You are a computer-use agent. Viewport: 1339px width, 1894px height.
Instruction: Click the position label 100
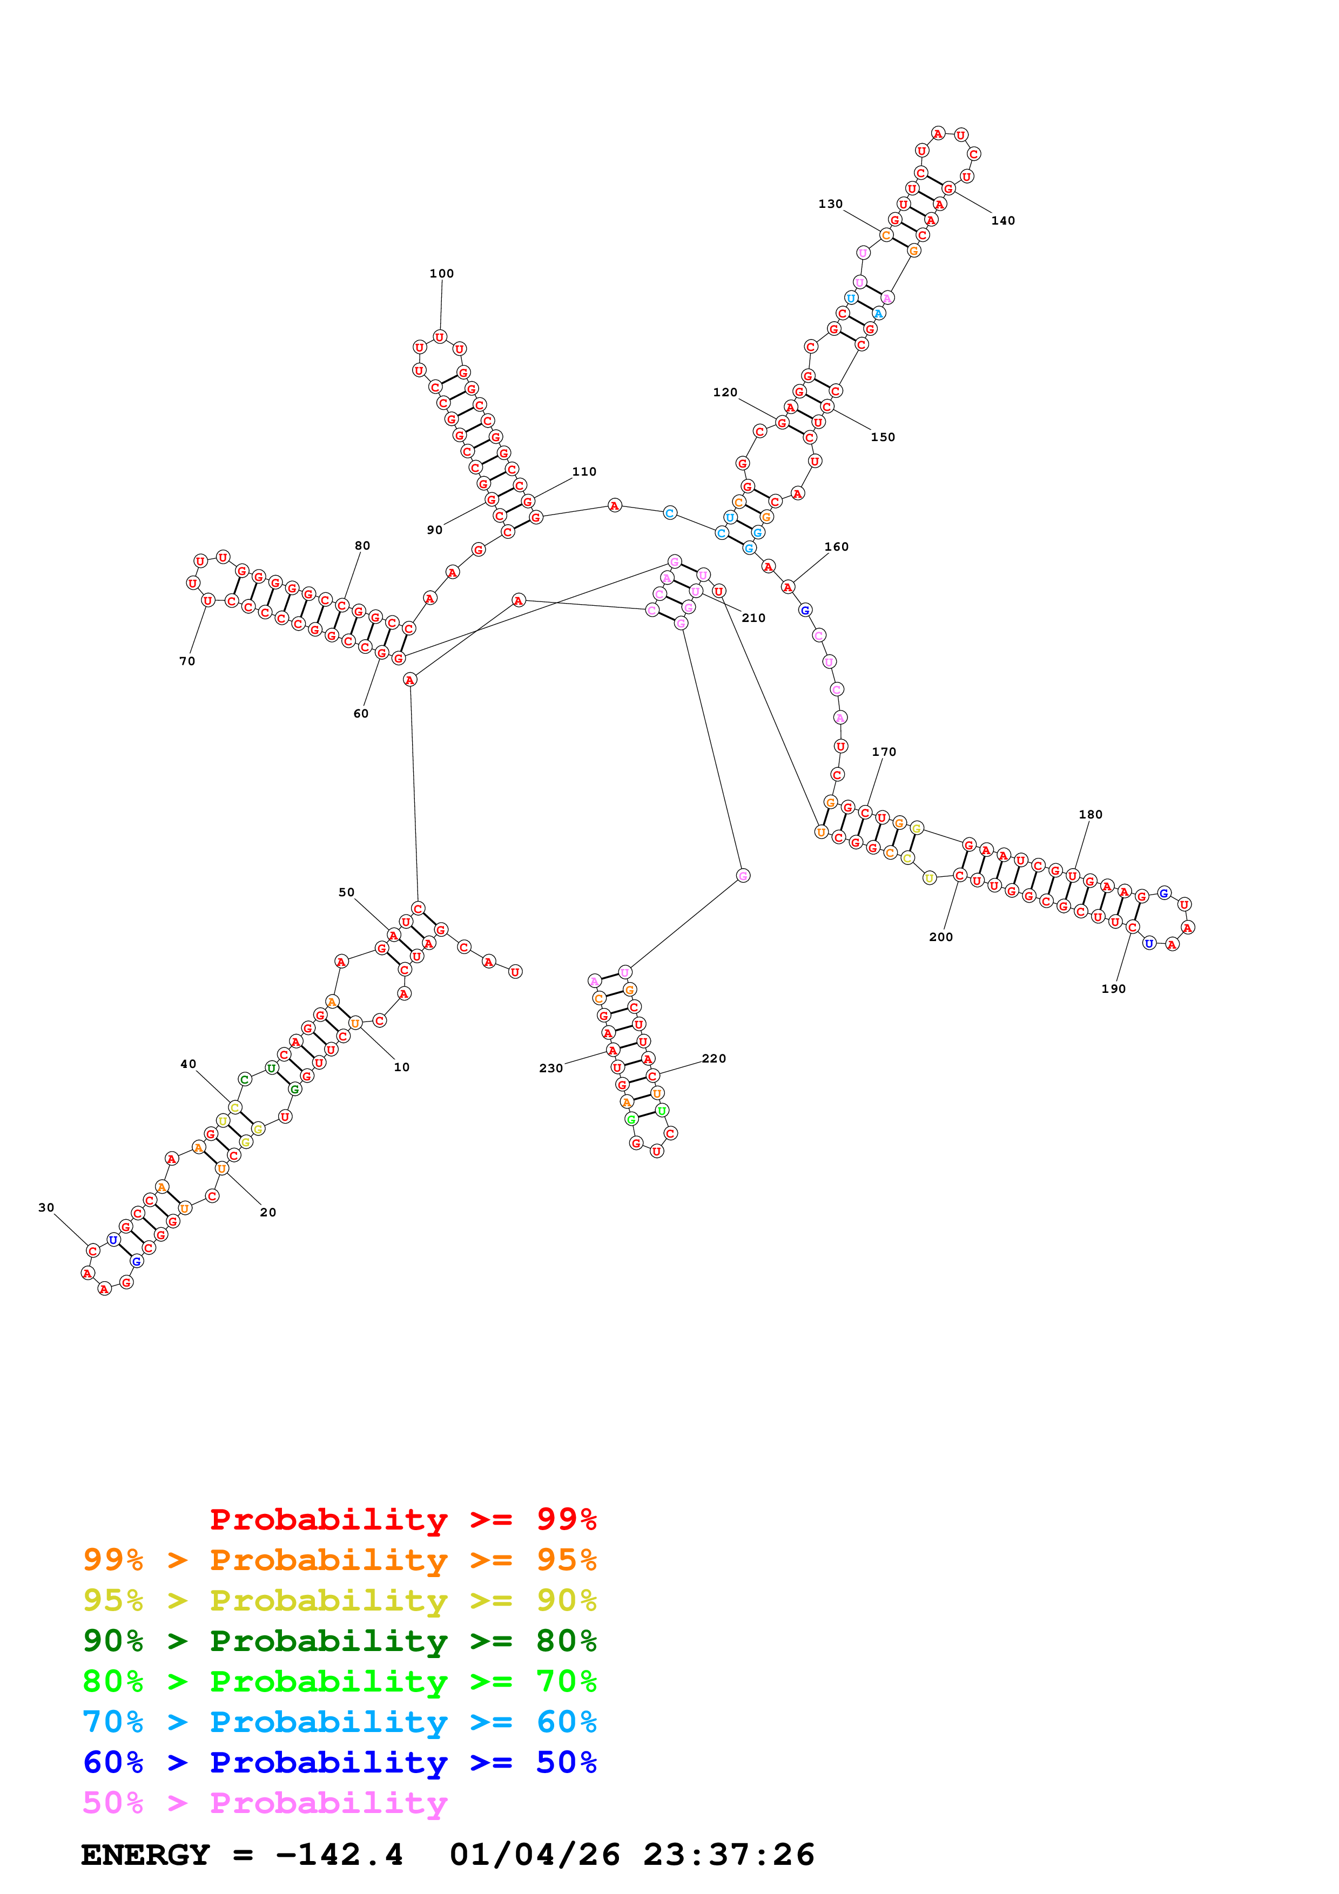[441, 274]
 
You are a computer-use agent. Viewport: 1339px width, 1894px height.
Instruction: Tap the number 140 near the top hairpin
[1002, 221]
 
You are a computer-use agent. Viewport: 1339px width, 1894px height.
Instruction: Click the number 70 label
[187, 661]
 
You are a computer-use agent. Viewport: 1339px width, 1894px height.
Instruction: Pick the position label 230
[550, 1068]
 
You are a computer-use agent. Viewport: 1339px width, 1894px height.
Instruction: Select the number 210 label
[753, 618]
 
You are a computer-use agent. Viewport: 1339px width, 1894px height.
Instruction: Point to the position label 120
[725, 393]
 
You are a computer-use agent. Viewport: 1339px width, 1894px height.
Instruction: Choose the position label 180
[1090, 814]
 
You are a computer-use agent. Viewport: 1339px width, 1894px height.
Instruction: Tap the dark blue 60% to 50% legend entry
[339, 1763]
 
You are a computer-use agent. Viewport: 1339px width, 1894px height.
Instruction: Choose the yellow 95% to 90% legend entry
[339, 1600]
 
